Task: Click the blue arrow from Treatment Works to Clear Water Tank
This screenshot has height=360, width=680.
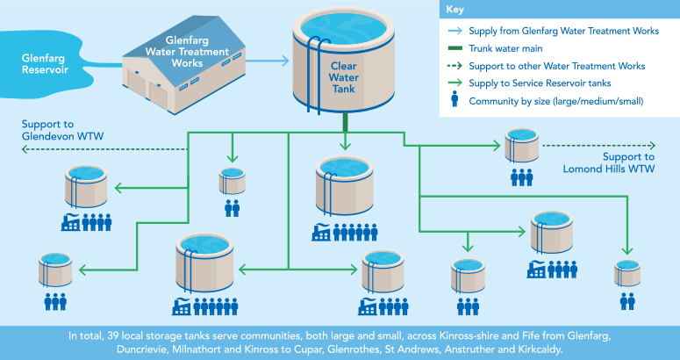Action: click(x=273, y=61)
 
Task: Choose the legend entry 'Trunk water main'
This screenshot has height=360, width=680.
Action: click(x=506, y=49)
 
